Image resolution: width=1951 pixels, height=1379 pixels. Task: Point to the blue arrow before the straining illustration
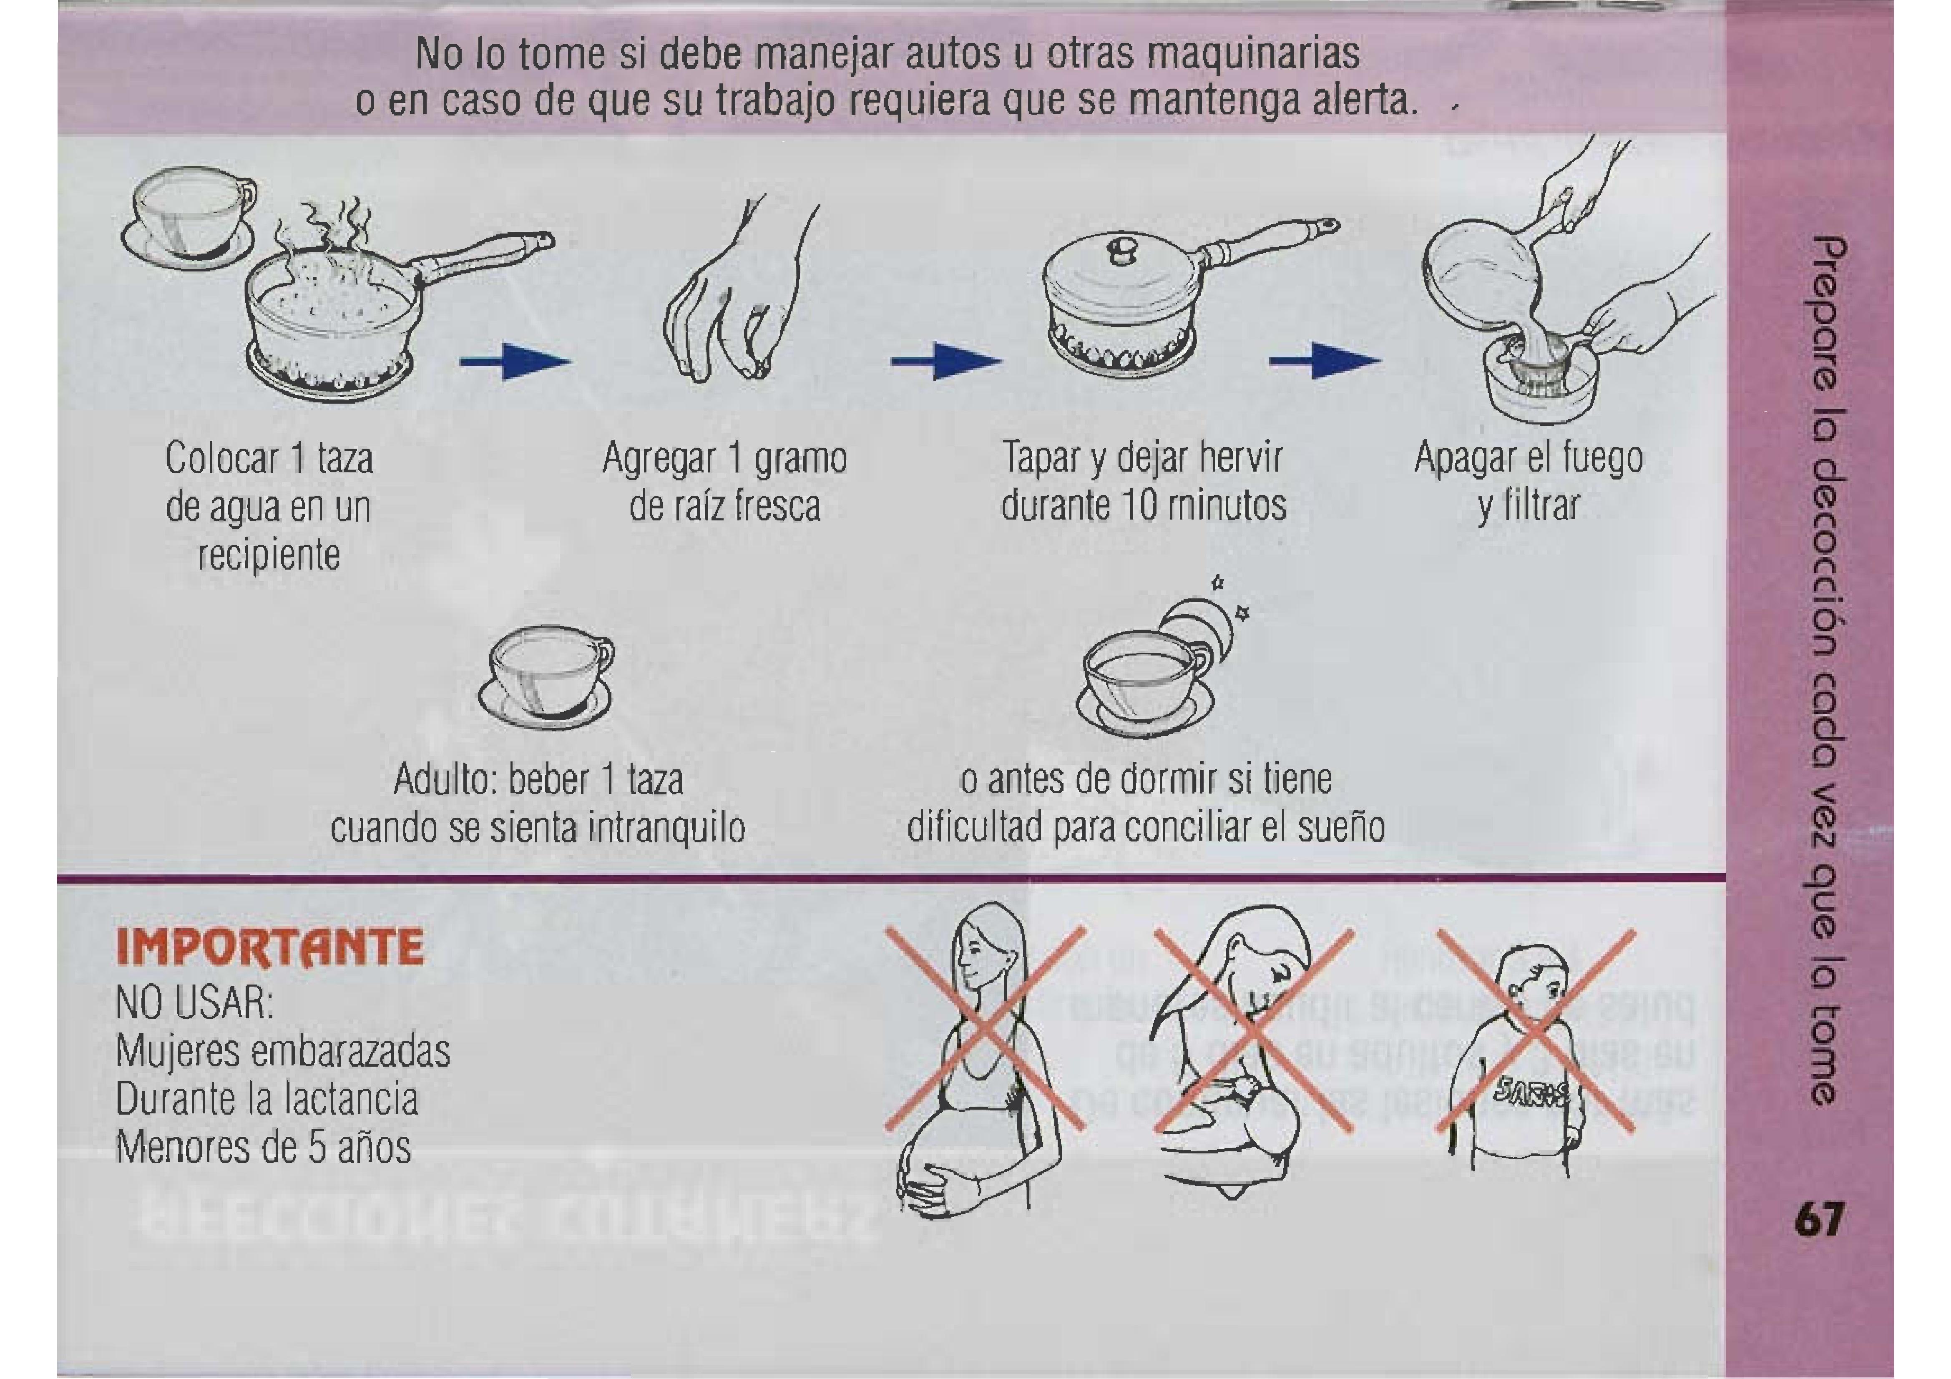pyautogui.click(x=1325, y=362)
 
